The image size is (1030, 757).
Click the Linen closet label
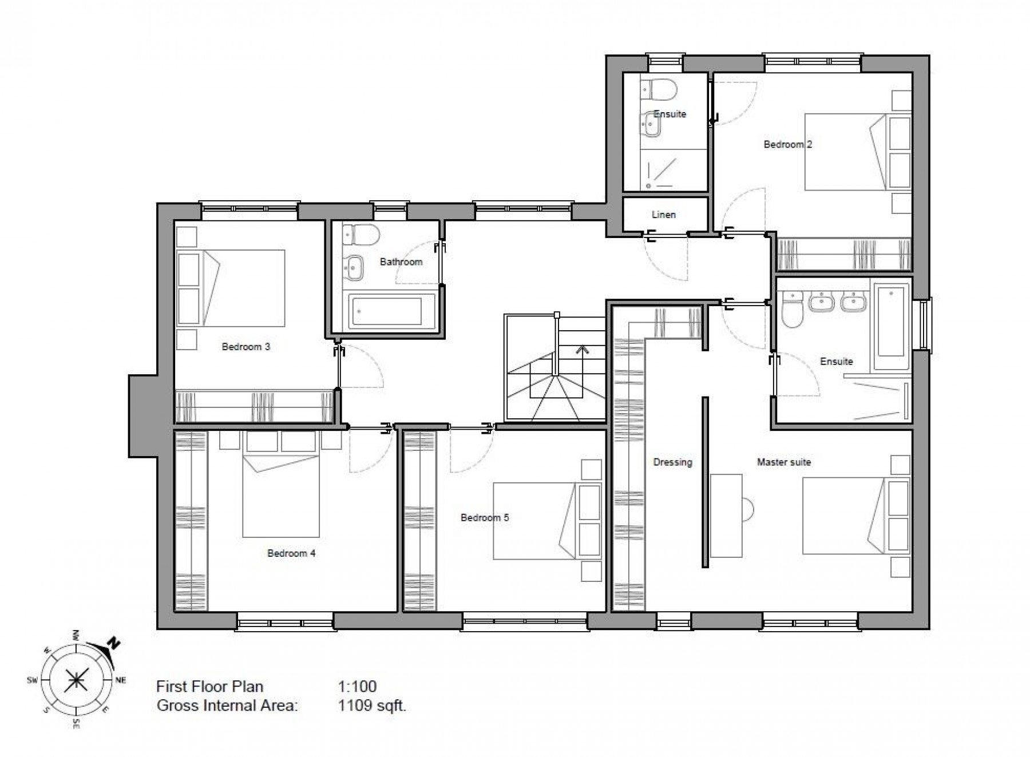[663, 215]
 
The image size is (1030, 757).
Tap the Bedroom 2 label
[787, 144]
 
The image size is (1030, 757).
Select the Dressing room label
[672, 462]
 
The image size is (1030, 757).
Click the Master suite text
[783, 462]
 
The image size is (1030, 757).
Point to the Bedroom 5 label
[484, 517]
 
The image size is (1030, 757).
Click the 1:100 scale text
[357, 686]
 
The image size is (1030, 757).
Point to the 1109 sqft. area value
[371, 706]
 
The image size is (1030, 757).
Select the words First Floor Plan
[209, 686]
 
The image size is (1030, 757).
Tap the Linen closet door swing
[667, 260]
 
